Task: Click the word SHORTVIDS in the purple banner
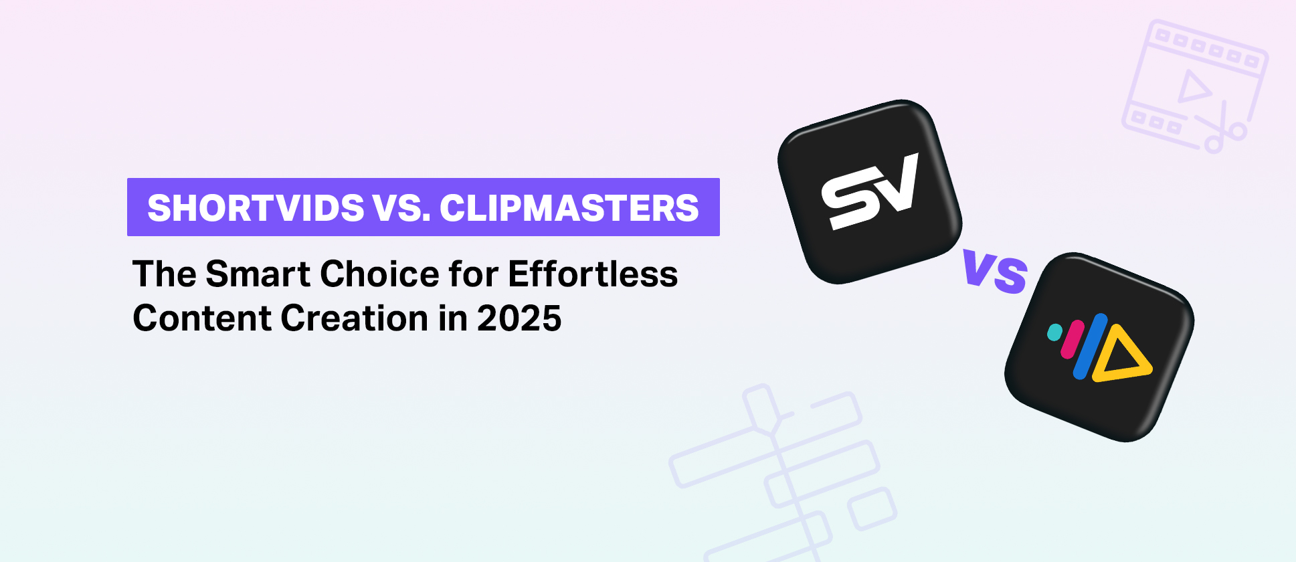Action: click(x=256, y=208)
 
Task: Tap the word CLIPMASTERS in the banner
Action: click(x=569, y=208)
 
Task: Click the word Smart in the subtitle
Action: click(x=258, y=274)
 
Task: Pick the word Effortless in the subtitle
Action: click(x=593, y=274)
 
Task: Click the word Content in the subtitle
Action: click(x=201, y=318)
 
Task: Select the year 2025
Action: click(x=519, y=318)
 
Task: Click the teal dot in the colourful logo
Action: click(x=1054, y=332)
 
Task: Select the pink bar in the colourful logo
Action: click(x=1073, y=339)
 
